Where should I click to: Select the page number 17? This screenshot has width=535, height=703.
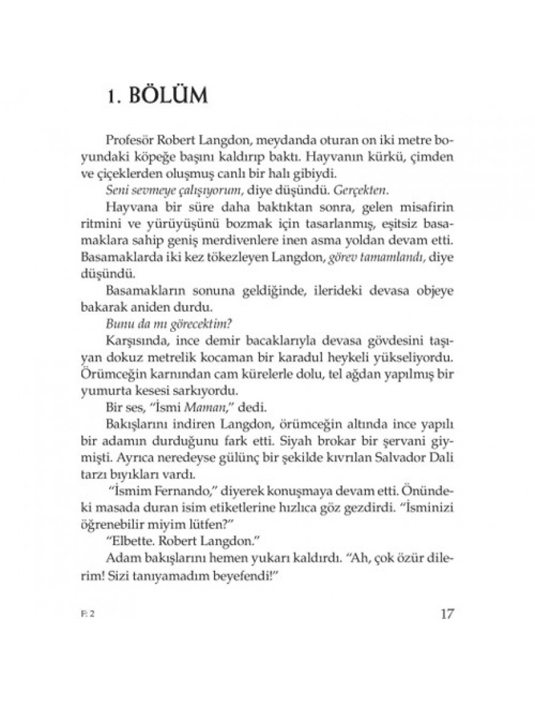(447, 615)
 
